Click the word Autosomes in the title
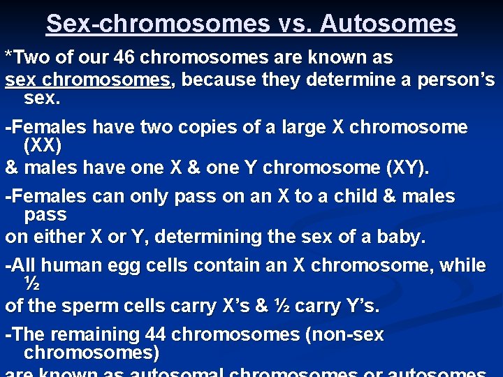pos(388,24)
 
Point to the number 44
pos(156,335)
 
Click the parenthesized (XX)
pos(43,146)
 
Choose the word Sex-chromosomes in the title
pos(158,24)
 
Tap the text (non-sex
pos(344,335)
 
